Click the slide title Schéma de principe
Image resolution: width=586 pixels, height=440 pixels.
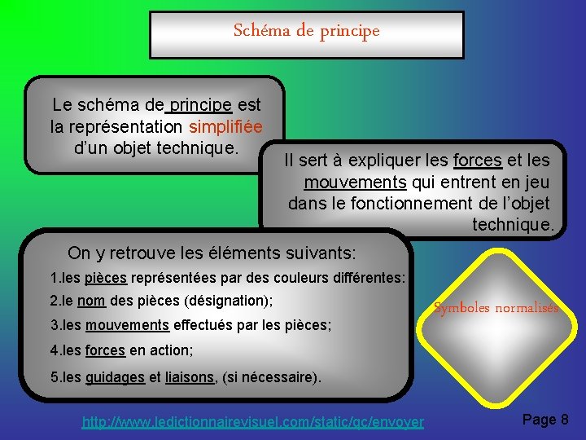pyautogui.click(x=306, y=32)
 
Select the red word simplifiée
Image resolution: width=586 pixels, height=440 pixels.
pyautogui.click(x=225, y=127)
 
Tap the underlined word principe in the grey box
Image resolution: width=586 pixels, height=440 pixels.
pyautogui.click(x=200, y=105)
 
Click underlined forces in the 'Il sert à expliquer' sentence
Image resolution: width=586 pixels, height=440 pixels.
pyautogui.click(x=478, y=161)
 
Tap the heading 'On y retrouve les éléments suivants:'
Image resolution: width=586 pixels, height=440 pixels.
pyautogui.click(x=212, y=253)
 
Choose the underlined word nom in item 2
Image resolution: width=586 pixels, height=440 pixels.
pyautogui.click(x=91, y=301)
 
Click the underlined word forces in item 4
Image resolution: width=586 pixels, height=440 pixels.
pyautogui.click(x=105, y=351)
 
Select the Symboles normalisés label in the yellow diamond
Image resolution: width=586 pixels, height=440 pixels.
pyautogui.click(x=496, y=308)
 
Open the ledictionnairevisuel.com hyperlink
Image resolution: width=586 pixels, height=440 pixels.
pyautogui.click(x=253, y=422)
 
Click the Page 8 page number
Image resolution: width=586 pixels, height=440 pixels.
pyautogui.click(x=544, y=420)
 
